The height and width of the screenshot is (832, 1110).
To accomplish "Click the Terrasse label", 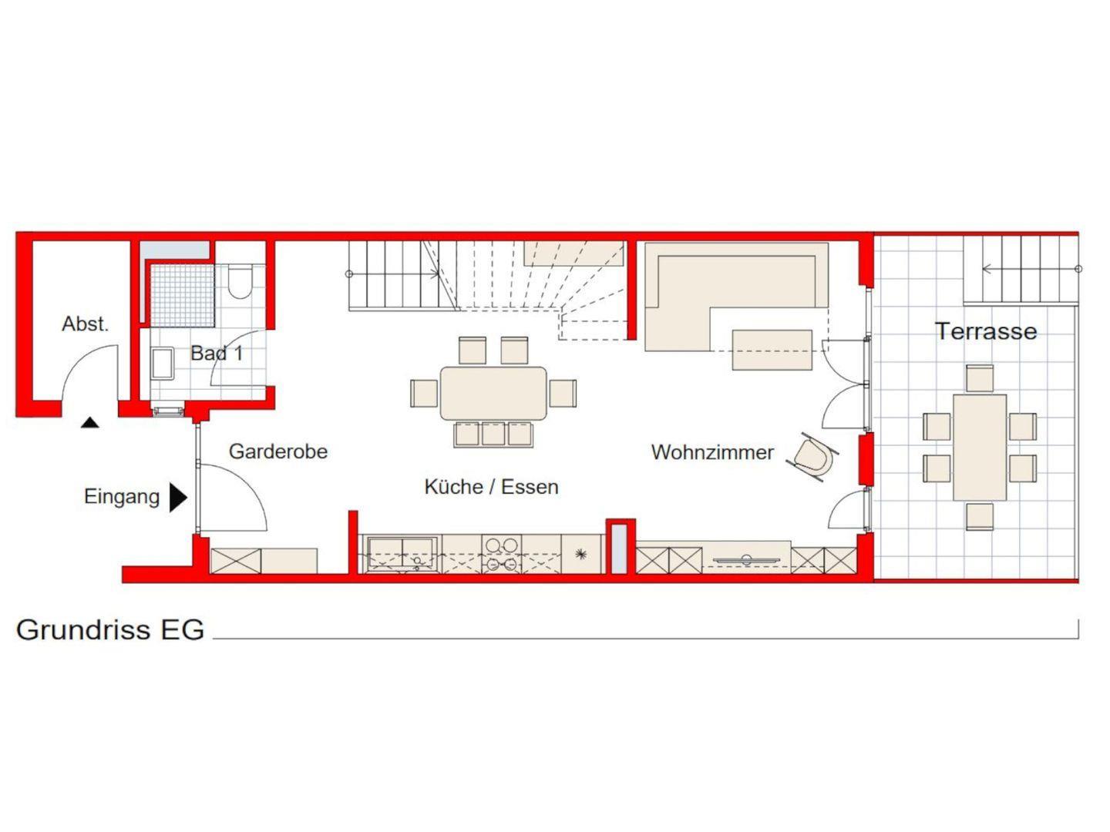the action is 986,331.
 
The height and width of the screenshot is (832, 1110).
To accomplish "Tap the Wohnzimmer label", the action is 712,452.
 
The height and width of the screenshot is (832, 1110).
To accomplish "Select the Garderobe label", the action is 278,451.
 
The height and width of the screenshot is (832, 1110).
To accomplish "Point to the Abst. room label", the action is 85,324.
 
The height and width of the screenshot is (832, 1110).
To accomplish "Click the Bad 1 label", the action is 217,353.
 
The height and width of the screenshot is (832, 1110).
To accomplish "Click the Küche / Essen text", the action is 491,486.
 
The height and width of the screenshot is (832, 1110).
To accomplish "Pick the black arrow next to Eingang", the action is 178,498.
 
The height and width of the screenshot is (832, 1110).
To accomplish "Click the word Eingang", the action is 122,497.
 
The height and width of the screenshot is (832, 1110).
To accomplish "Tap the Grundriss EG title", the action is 110,629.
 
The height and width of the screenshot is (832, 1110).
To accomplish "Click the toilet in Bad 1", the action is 239,282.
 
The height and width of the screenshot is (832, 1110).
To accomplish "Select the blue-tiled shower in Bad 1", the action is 182,296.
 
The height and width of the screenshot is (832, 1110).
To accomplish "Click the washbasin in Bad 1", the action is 163,363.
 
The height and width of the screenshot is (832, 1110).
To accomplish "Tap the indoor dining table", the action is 493,394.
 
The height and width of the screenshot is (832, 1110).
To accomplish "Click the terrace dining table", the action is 980,448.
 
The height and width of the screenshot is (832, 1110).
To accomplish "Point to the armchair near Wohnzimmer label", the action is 812,458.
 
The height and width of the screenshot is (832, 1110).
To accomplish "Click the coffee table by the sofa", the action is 772,350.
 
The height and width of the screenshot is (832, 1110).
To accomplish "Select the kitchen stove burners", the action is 502,554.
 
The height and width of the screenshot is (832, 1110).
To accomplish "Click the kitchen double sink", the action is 402,554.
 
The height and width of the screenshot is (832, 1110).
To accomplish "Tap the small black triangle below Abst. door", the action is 90,422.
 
